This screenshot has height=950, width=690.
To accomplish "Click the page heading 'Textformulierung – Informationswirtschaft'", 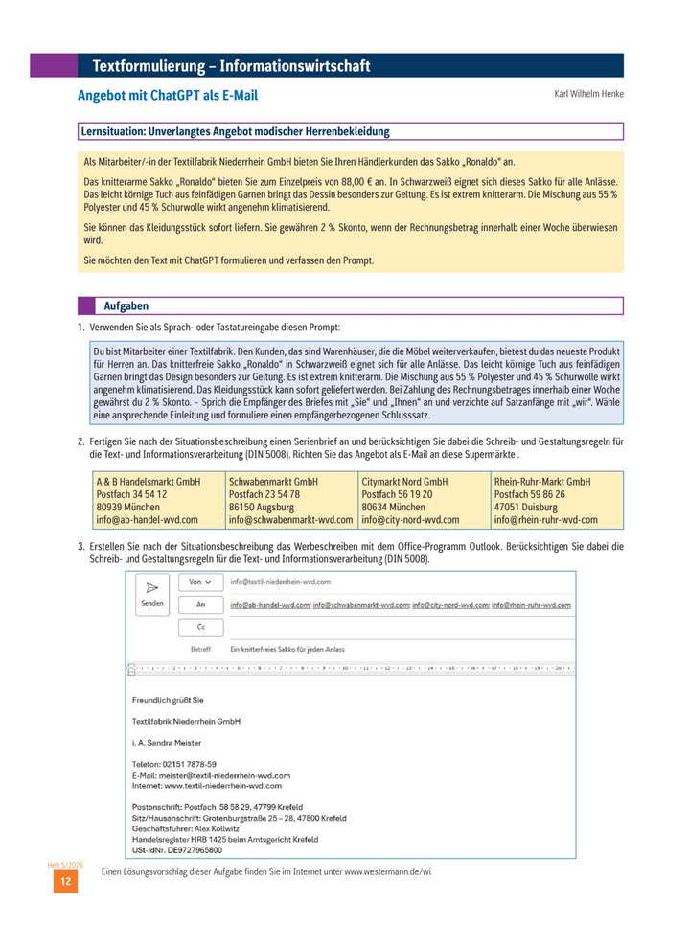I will tap(230, 66).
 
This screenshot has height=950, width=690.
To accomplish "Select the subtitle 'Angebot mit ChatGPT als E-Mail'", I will tap(168, 96).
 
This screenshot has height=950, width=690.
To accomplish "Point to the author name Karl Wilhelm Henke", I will tap(588, 94).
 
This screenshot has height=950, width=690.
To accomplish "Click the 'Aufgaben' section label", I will tap(126, 305).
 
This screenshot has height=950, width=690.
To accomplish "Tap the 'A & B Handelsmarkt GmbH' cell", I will tap(148, 481).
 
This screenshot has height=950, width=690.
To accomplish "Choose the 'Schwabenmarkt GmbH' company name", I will tap(273, 481).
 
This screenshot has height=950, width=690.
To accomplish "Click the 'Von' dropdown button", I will tap(199, 581).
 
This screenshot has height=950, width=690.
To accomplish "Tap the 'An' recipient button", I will tap(199, 604).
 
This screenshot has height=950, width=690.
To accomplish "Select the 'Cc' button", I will tap(199, 626).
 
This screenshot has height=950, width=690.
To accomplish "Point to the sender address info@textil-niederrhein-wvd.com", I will tap(280, 581).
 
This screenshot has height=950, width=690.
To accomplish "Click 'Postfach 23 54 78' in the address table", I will tap(264, 494).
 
